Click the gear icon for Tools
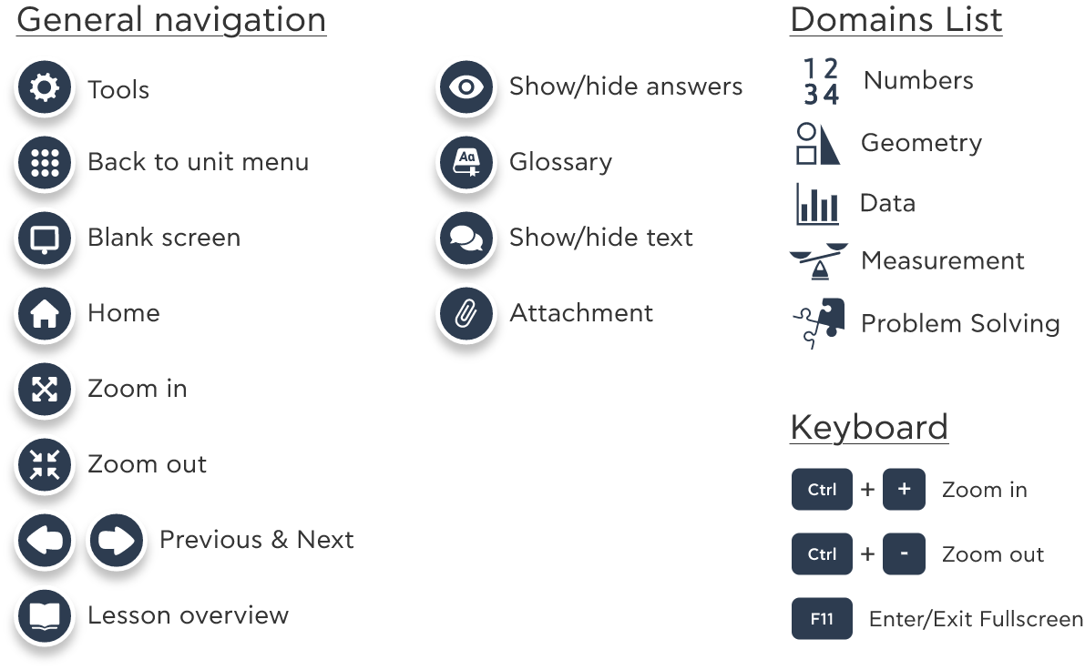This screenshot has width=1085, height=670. pos(45,87)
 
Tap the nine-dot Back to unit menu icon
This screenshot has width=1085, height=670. pos(45,163)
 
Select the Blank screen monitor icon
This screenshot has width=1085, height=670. pos(45,239)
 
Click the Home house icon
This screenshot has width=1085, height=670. pos(45,314)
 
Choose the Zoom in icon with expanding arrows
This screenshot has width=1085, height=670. pos(45,390)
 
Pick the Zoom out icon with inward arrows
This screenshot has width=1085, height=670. pos(45,465)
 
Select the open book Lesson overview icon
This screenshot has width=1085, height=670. pos(45,616)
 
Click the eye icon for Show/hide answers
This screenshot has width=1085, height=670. pos(466,87)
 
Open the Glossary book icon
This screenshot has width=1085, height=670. pos(466,163)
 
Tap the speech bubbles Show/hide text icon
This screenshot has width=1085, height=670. pos(466,239)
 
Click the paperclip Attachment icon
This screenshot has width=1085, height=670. pos(466,314)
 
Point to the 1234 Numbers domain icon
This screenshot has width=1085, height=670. pos(822,81)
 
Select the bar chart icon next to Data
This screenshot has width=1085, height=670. pos(817,204)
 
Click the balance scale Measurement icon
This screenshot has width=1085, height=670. pos(819,260)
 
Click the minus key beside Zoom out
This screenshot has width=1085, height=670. pos(904,553)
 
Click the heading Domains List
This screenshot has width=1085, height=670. pos(896,19)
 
